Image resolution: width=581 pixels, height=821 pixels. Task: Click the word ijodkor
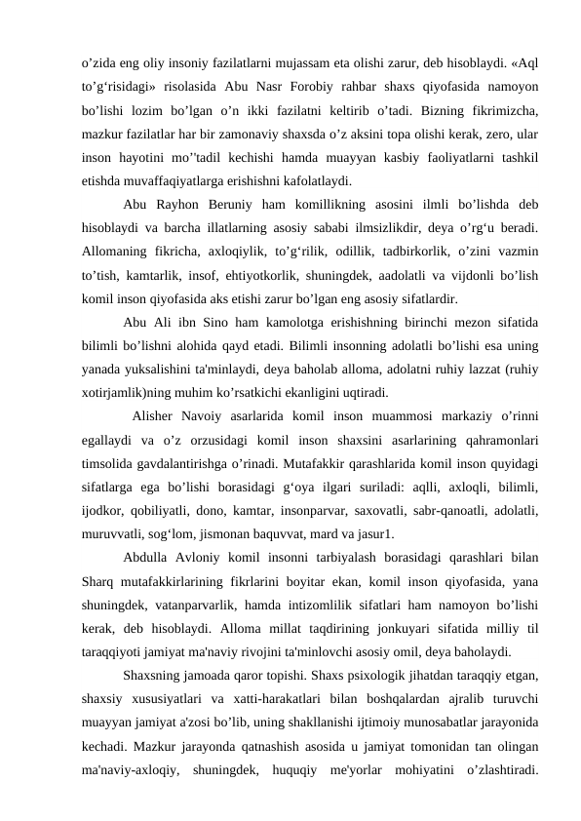tap(105, 510)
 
